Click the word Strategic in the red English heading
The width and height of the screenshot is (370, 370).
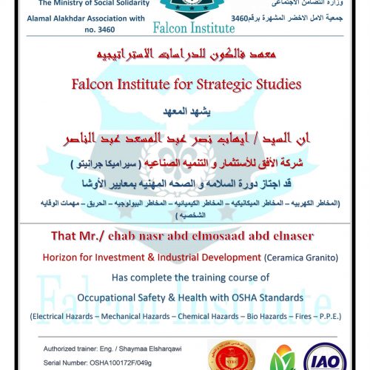click(x=217, y=84)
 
